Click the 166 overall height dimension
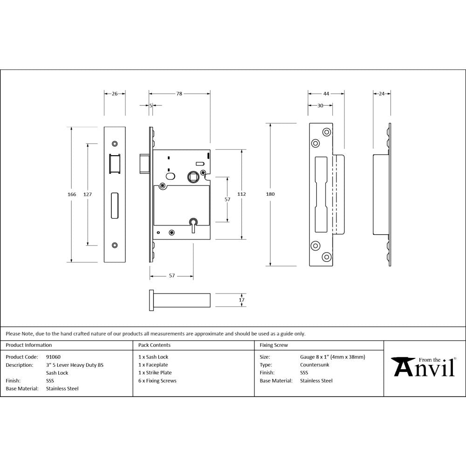pyautogui.click(x=72, y=194)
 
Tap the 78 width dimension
pyautogui.click(x=179, y=94)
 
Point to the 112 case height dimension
pyautogui.click(x=242, y=194)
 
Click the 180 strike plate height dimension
pyautogui.click(x=270, y=194)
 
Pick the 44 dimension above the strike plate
pyautogui.click(x=326, y=94)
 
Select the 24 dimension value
pyautogui.click(x=382, y=94)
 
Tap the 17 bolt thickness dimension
pyautogui.click(x=241, y=300)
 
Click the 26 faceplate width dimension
pyautogui.click(x=115, y=94)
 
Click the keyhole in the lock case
pyautogui.click(x=192, y=222)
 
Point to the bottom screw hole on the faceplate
pyautogui.click(x=115, y=245)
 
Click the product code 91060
pyautogui.click(x=53, y=357)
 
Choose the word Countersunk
pyautogui.click(x=315, y=365)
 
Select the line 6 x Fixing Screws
pyautogui.click(x=158, y=381)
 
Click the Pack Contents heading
pyautogui.click(x=154, y=345)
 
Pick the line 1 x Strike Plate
pyautogui.click(x=155, y=373)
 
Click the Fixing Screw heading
pyautogui.click(x=274, y=345)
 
